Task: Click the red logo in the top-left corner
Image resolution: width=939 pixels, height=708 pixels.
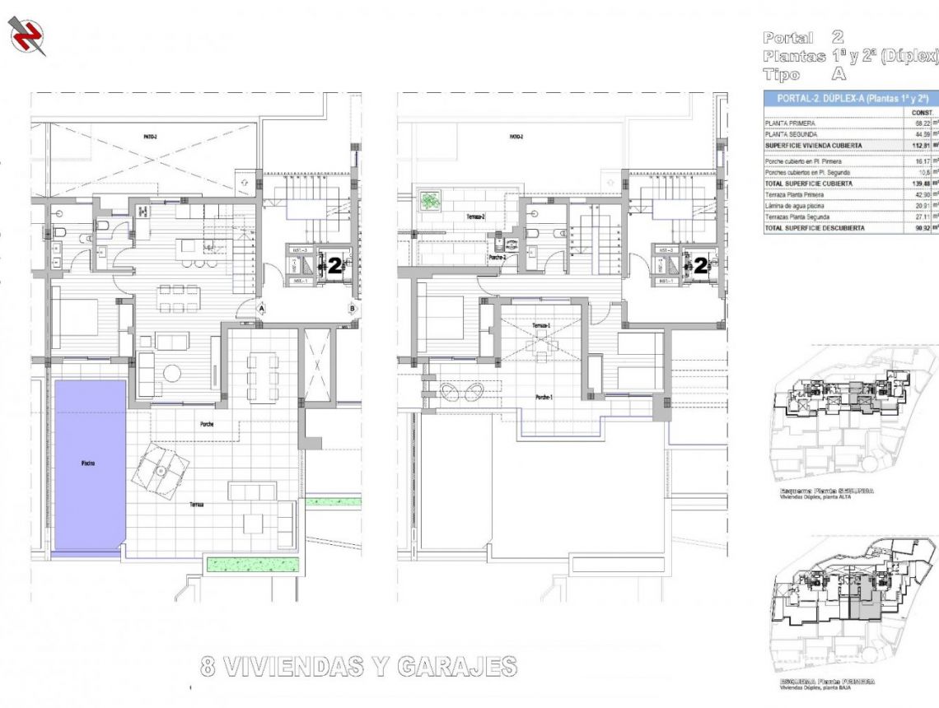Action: pyautogui.click(x=27, y=36)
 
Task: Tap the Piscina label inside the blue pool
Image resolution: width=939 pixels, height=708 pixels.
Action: pyautogui.click(x=87, y=463)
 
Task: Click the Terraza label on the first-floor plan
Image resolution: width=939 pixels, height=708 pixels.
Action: pyautogui.click(x=195, y=504)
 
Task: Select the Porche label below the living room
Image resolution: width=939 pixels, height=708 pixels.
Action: pyautogui.click(x=207, y=425)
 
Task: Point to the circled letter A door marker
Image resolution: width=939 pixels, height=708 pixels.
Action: pyautogui.click(x=260, y=309)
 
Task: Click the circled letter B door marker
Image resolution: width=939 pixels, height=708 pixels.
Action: pyautogui.click(x=352, y=309)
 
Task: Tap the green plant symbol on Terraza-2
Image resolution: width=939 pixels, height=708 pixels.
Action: pyautogui.click(x=430, y=200)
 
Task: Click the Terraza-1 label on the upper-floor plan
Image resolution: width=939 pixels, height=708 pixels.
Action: pyautogui.click(x=541, y=326)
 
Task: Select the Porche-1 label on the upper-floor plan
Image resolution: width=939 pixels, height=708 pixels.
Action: pyautogui.click(x=543, y=397)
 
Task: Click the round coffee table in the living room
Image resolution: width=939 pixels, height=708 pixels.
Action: pyautogui.click(x=172, y=373)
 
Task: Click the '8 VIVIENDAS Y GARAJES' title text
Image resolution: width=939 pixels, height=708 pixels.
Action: pyautogui.click(x=359, y=666)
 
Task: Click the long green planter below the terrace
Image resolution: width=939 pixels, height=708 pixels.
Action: pyautogui.click(x=253, y=565)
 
